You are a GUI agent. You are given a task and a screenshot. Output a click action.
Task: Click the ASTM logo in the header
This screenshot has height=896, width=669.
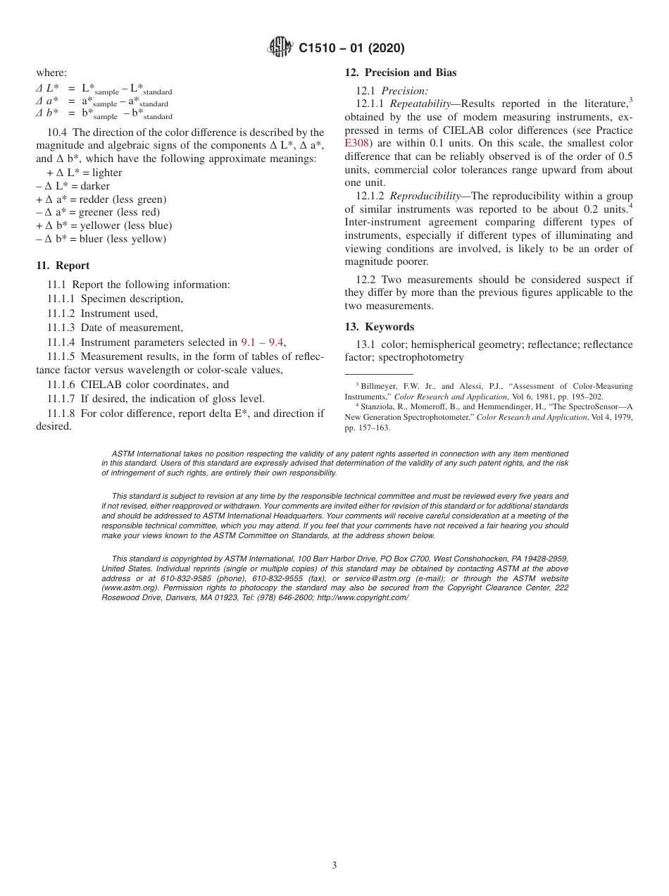click(281, 48)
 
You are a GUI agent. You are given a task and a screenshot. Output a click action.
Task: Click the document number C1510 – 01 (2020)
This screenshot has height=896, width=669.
click(351, 49)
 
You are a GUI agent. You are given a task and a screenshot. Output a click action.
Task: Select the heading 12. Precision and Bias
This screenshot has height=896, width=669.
click(400, 73)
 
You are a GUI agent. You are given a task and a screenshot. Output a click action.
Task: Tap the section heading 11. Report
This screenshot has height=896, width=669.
click(63, 266)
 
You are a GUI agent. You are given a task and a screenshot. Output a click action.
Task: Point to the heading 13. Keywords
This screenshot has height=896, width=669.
click(379, 327)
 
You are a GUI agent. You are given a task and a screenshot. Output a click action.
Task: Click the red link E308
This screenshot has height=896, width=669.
click(356, 144)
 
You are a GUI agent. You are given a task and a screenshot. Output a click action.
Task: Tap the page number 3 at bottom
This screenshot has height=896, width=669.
click(334, 866)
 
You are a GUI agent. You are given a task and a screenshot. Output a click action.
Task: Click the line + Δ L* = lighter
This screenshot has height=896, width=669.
click(84, 173)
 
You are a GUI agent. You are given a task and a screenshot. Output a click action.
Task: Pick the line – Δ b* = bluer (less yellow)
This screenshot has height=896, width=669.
click(101, 239)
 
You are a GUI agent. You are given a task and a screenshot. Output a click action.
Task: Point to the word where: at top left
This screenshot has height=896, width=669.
click(51, 73)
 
